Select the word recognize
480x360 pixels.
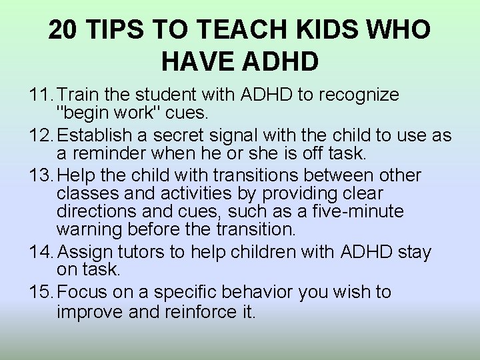point(360,95)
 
